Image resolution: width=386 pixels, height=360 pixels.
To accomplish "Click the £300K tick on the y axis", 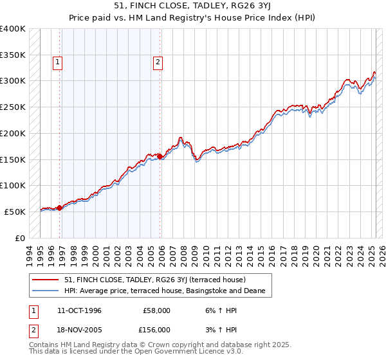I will point(12,81).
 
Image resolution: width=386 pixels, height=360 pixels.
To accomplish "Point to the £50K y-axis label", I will point(15,212).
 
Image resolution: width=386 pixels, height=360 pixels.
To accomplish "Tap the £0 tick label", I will point(21,238).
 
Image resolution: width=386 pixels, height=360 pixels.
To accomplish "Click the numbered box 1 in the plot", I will point(58,62).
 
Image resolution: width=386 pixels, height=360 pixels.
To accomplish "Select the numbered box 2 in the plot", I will point(158,62).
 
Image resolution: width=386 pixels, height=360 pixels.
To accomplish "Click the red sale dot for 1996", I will point(59,208).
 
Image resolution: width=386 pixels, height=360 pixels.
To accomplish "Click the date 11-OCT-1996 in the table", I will point(79,310).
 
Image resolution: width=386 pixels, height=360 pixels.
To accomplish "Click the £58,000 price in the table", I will point(157,310).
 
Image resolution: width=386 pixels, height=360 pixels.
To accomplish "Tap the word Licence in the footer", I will point(201,352).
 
